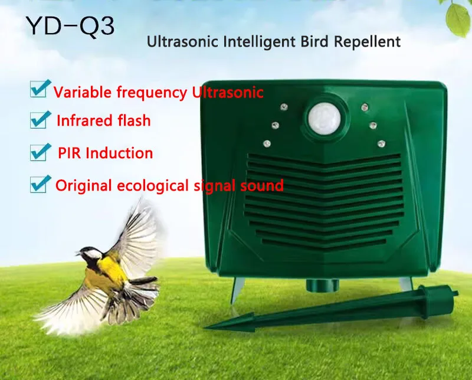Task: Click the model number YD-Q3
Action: [70, 25]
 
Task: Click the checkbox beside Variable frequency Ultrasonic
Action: [39, 90]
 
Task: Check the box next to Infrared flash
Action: [39, 120]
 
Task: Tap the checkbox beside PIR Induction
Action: [39, 152]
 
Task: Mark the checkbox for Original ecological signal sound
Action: [39, 184]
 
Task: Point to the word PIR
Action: [70, 153]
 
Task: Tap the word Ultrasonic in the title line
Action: [177, 42]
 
